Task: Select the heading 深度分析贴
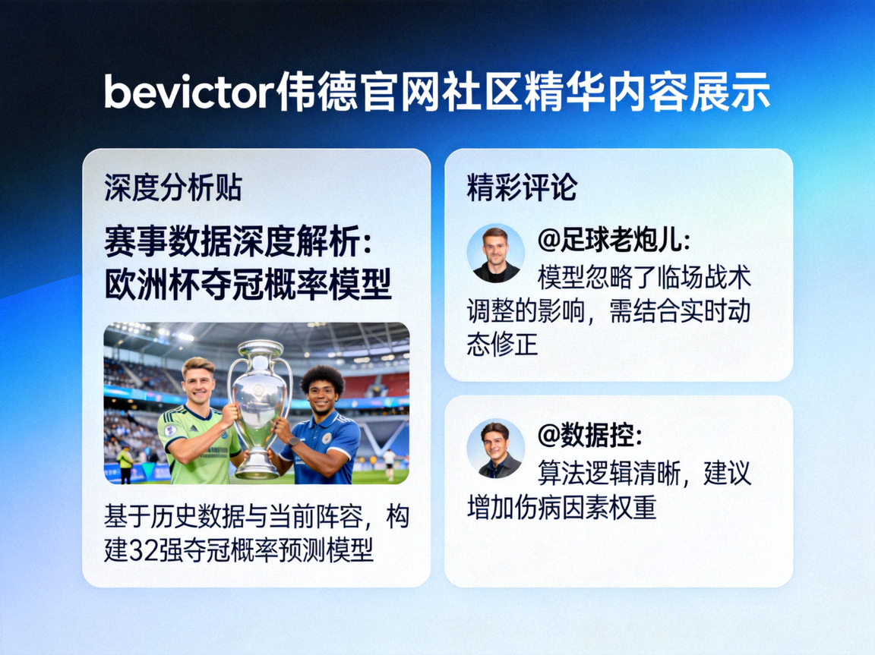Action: click(173, 188)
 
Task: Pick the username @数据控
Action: click(590, 435)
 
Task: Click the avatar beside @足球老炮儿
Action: click(495, 253)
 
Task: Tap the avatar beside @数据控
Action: click(495, 449)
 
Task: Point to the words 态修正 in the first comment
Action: click(503, 345)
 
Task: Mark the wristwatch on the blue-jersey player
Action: click(292, 441)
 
